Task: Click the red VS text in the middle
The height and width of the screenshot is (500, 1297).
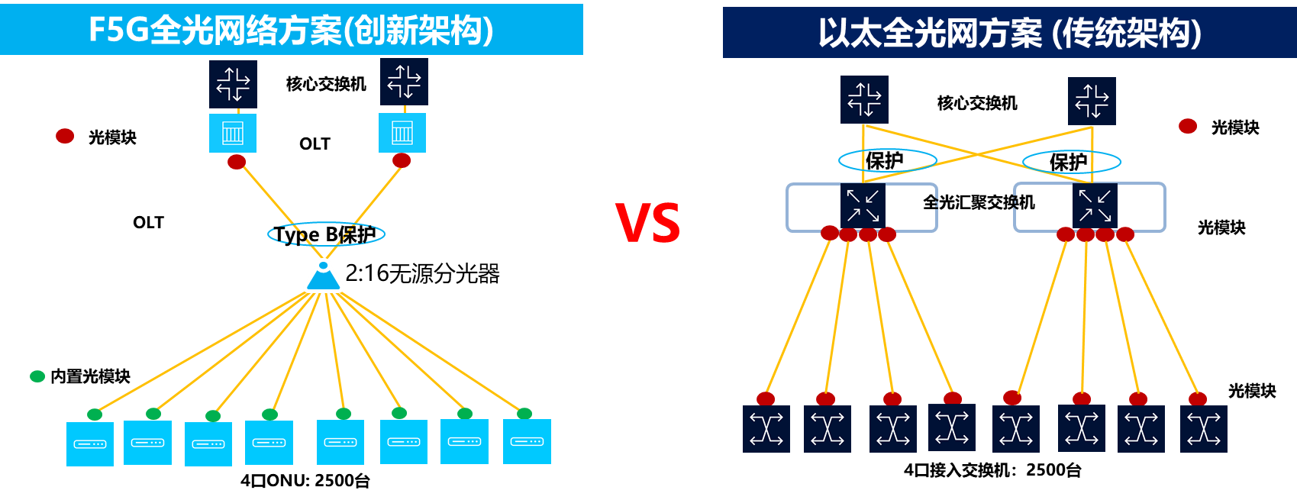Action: pyautogui.click(x=647, y=223)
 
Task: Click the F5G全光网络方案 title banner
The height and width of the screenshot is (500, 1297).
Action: pyautogui.click(x=292, y=30)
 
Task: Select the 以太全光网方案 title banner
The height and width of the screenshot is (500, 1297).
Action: pyautogui.click(x=1010, y=32)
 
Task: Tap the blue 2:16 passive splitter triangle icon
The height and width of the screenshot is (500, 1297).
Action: pyautogui.click(x=323, y=276)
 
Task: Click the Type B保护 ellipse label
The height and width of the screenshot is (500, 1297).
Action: pyautogui.click(x=326, y=234)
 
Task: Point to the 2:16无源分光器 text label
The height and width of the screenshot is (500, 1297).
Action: pyautogui.click(x=422, y=274)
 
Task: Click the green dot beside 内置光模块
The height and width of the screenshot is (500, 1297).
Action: pyautogui.click(x=37, y=377)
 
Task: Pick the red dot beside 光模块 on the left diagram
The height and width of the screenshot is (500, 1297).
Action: pyautogui.click(x=65, y=136)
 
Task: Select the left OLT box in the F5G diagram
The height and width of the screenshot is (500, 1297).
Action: pyautogui.click(x=233, y=133)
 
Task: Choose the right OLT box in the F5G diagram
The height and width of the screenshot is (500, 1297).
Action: pyautogui.click(x=402, y=133)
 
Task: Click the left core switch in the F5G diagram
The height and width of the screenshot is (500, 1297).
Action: pyautogui.click(x=233, y=85)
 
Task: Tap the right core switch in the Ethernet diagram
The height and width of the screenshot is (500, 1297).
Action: pyautogui.click(x=1092, y=102)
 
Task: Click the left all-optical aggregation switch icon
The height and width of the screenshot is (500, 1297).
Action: pyautogui.click(x=863, y=205)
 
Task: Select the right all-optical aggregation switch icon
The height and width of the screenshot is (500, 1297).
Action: pyautogui.click(x=1095, y=205)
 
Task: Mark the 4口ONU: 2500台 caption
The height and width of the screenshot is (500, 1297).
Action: pyautogui.click(x=305, y=480)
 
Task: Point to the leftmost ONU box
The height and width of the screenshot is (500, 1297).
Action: pyautogui.click(x=90, y=444)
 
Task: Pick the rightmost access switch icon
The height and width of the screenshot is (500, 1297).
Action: pyautogui.click(x=1204, y=429)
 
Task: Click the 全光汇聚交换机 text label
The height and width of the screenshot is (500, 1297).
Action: pyautogui.click(x=979, y=202)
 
